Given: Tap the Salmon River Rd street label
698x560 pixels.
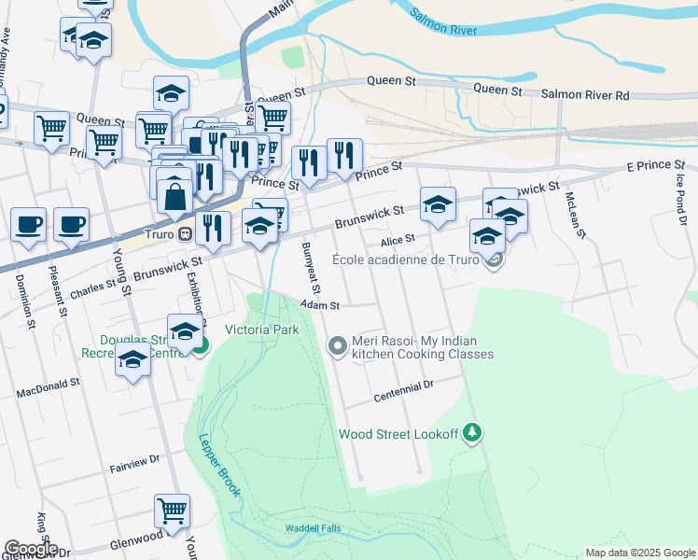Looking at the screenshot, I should [x=586, y=95].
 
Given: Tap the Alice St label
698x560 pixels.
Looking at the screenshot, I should [x=397, y=240].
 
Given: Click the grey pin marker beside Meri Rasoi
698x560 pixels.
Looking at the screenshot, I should [x=338, y=346].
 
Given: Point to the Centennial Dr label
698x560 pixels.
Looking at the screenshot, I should [x=404, y=390].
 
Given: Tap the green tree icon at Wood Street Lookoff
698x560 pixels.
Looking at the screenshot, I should [x=473, y=432].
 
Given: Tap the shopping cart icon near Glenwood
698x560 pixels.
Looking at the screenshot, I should [x=172, y=511].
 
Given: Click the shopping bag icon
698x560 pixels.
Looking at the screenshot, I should [x=174, y=196].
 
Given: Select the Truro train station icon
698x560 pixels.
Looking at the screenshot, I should [x=186, y=233].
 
